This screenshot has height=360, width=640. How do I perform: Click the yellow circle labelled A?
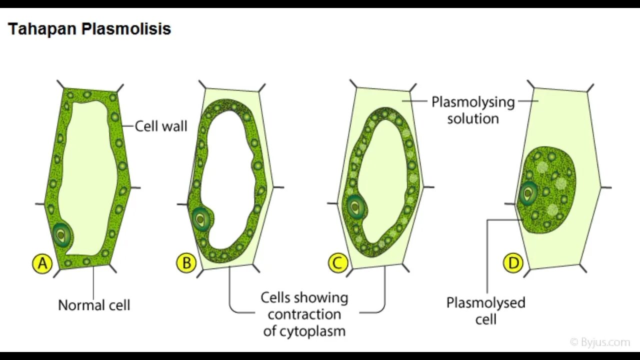tap(42, 263)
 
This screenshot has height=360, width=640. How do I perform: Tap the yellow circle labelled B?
tap(186, 263)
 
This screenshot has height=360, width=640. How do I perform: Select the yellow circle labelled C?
tap(337, 263)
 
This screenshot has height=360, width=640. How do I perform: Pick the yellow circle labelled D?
tap(513, 263)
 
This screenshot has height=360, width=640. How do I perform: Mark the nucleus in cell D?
tap(527, 193)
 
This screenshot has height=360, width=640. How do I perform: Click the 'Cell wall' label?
tap(161, 126)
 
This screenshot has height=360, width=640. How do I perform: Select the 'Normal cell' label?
tap(94, 305)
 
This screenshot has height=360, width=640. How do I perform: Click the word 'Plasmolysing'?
tap(473, 102)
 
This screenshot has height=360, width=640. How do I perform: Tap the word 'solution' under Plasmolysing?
tap(473, 119)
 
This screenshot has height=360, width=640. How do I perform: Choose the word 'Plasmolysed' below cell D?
tap(485, 302)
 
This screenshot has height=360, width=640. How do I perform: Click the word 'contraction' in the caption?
tap(304, 314)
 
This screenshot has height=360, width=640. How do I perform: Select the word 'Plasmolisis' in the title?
tap(126, 29)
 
